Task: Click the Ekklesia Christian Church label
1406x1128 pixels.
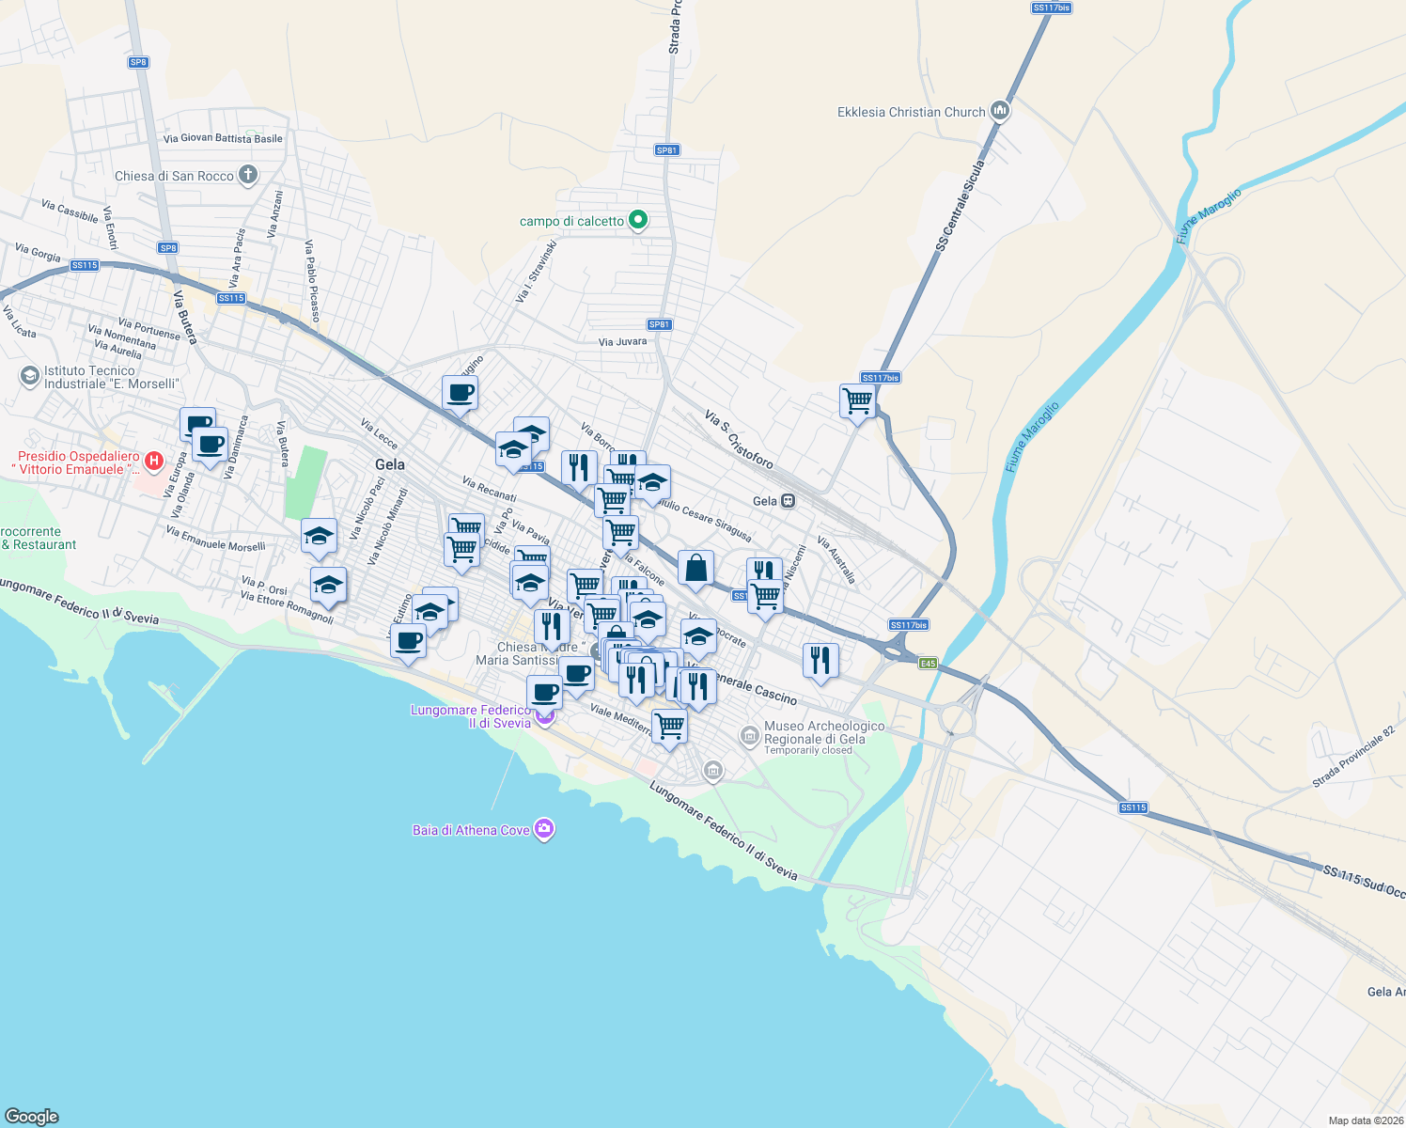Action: coord(911,112)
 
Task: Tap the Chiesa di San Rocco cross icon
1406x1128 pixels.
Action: coord(248,174)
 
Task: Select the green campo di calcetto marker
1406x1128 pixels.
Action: coord(638,220)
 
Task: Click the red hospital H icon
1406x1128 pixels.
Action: coord(154,462)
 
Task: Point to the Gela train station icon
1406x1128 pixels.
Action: coord(789,501)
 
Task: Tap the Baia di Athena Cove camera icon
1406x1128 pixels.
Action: coord(544,829)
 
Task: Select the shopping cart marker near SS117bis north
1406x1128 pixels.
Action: coord(857,401)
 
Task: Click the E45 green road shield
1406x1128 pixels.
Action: coord(929,664)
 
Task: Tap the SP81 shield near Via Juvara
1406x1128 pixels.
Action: coord(660,324)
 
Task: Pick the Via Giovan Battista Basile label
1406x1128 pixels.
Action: coord(223,138)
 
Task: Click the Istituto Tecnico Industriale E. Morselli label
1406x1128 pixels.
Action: coord(111,377)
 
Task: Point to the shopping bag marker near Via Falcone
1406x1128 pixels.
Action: coord(695,569)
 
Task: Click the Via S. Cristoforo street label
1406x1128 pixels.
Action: coord(739,440)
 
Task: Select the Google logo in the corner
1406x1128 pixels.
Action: coord(31,1117)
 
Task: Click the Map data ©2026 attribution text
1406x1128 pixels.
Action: coord(1366,1120)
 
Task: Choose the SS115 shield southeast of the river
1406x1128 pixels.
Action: coord(1133,807)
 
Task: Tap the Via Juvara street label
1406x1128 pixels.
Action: coord(623,342)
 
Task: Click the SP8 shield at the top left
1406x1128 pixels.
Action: coord(138,62)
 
